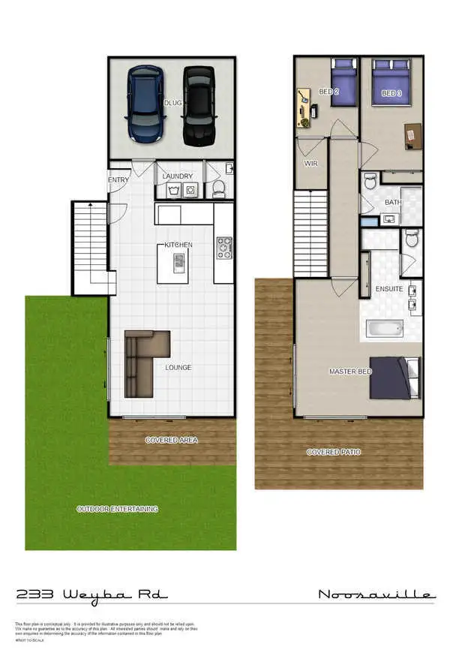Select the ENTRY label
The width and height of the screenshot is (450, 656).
118,180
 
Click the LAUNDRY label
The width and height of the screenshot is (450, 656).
178,177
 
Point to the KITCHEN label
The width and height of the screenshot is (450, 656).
179,245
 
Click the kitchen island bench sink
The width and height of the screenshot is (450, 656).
178,260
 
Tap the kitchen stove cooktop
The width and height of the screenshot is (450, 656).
223,247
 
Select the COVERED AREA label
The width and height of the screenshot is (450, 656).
172,441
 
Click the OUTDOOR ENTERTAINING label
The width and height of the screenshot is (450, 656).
118,509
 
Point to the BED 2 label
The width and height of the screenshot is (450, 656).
328,92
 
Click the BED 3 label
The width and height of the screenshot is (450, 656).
391,93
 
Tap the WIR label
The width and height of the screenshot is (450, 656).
311,162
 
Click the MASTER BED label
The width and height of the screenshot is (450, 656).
347,372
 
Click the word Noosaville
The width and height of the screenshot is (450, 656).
376,595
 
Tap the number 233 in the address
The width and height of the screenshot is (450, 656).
34,594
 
